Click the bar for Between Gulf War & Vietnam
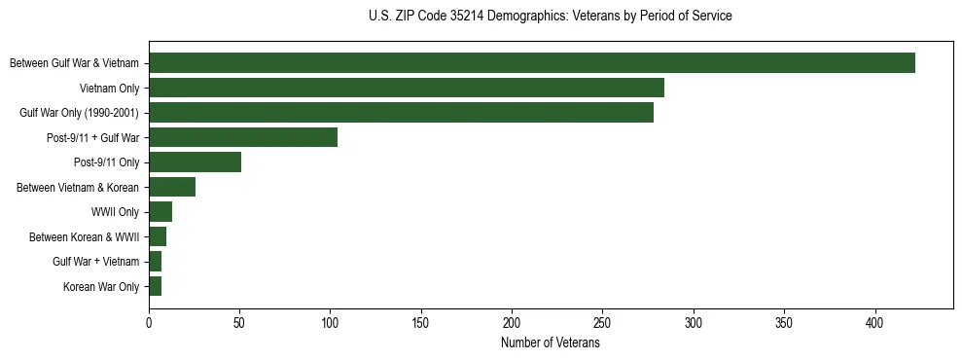[x=532, y=63]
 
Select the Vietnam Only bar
[x=407, y=88]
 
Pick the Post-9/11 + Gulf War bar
[x=243, y=137]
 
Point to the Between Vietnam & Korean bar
[x=172, y=187]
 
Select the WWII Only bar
[x=160, y=212]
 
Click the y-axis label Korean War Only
[x=101, y=287]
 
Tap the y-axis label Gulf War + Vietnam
[x=96, y=262]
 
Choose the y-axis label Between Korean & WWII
[x=85, y=236]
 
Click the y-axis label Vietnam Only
[x=109, y=89]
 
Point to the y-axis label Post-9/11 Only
[x=107, y=162]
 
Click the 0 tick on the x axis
[x=149, y=322]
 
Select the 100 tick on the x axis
[x=331, y=322]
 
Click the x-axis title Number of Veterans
[x=551, y=343]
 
